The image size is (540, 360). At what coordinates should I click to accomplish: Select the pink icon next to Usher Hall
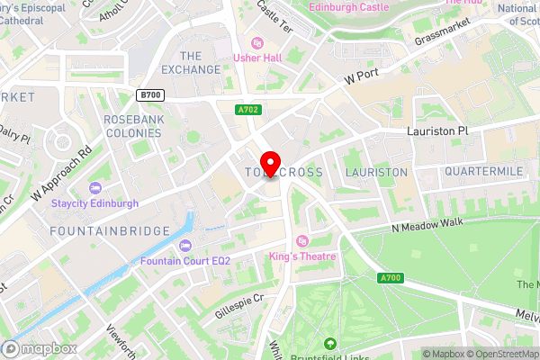point(256,42)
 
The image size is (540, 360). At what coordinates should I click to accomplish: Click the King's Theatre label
point(302,256)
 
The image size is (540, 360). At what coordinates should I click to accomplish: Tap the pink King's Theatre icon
point(302,241)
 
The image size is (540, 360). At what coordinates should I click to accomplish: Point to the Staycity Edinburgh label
point(94,203)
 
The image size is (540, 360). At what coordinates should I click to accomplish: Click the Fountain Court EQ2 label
point(185,261)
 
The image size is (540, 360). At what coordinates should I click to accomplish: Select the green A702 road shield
point(249,110)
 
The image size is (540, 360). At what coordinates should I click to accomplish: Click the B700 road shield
point(150,94)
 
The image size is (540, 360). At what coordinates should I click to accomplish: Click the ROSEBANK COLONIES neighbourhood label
point(132,126)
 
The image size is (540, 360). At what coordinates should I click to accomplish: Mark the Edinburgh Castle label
point(348,7)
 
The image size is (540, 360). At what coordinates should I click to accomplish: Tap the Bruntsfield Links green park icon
point(329,343)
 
